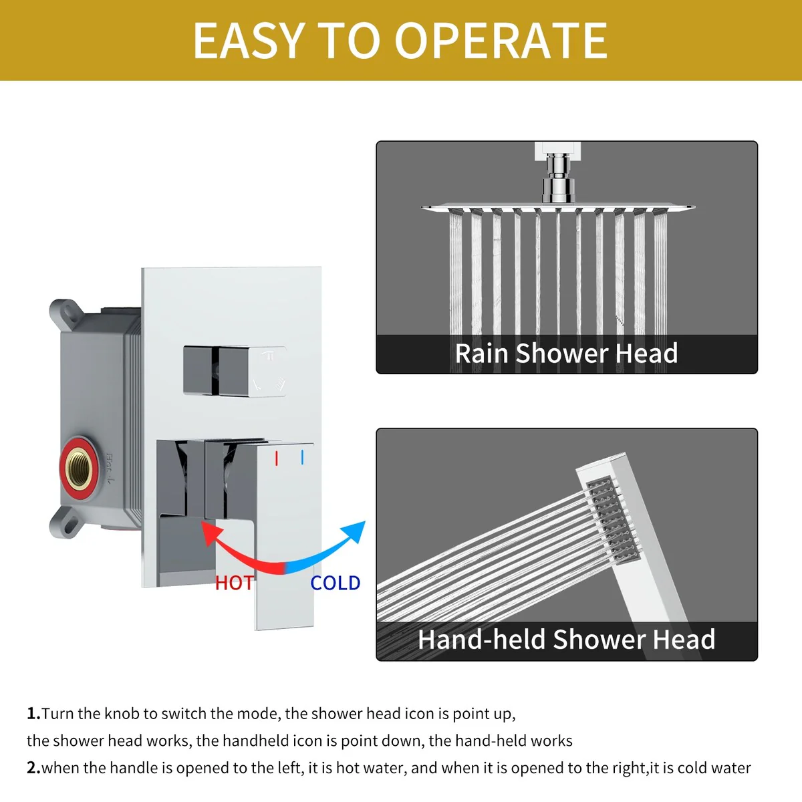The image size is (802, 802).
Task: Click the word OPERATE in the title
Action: pyautogui.click(x=501, y=40)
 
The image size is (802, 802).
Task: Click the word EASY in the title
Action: pyautogui.click(x=248, y=40)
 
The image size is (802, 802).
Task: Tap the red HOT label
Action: pyautogui.click(x=234, y=583)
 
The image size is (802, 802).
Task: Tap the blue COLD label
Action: pyautogui.click(x=336, y=583)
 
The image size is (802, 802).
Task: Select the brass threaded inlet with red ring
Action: pyautogui.click(x=79, y=468)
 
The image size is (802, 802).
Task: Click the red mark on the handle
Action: pyautogui.click(x=276, y=458)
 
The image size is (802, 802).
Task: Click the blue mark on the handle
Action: pyautogui.click(x=302, y=457)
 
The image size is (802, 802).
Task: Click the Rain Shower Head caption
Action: pyautogui.click(x=567, y=354)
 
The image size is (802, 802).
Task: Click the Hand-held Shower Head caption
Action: pyautogui.click(x=567, y=640)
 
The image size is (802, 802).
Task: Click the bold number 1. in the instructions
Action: pyautogui.click(x=33, y=713)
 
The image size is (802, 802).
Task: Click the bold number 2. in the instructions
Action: pyautogui.click(x=33, y=768)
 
